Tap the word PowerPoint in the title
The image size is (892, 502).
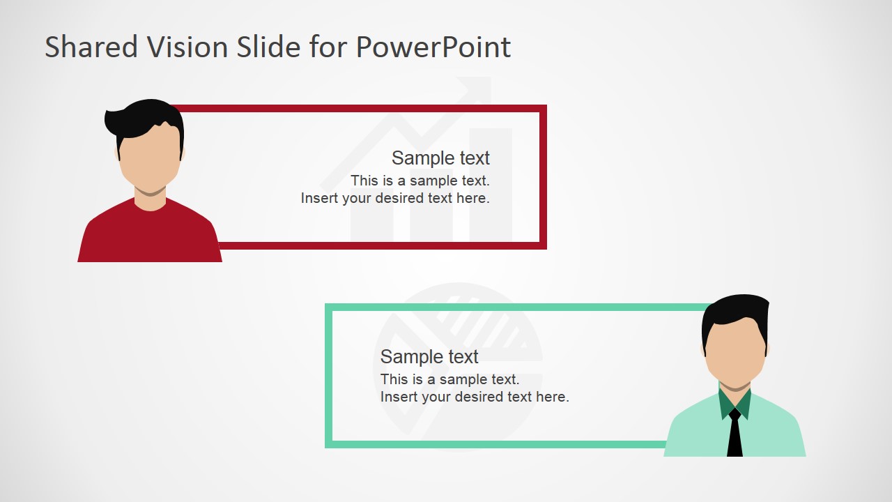[433, 47]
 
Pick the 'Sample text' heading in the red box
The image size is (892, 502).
[440, 158]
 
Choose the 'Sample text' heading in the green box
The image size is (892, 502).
[429, 357]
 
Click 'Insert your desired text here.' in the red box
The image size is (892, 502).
[395, 198]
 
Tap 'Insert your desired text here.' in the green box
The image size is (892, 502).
[475, 397]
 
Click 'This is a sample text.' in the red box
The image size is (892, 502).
[420, 181]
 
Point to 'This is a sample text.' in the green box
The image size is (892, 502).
[450, 379]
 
